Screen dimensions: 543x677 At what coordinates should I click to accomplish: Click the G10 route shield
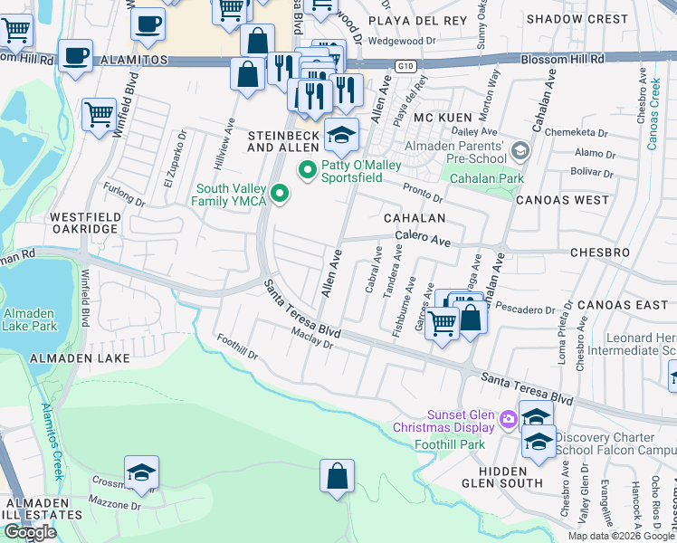pyautogui.click(x=405, y=66)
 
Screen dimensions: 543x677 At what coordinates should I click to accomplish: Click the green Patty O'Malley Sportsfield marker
pyautogui.click(x=307, y=169)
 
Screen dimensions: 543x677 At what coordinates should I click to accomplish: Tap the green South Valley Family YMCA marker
pyautogui.click(x=280, y=193)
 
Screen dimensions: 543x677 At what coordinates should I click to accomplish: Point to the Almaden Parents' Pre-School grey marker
pyautogui.click(x=520, y=149)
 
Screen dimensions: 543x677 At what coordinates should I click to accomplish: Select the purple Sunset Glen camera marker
pyautogui.click(x=507, y=418)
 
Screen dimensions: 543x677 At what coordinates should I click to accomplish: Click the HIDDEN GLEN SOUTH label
pyautogui.click(x=502, y=477)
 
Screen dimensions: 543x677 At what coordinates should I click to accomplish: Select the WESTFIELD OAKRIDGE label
pyautogui.click(x=83, y=223)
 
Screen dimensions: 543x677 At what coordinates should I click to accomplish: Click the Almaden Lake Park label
pyautogui.click(x=29, y=319)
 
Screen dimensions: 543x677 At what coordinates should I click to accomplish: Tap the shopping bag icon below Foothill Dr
pyautogui.click(x=337, y=476)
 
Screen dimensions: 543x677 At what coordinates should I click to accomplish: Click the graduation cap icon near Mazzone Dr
pyautogui.click(x=141, y=472)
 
